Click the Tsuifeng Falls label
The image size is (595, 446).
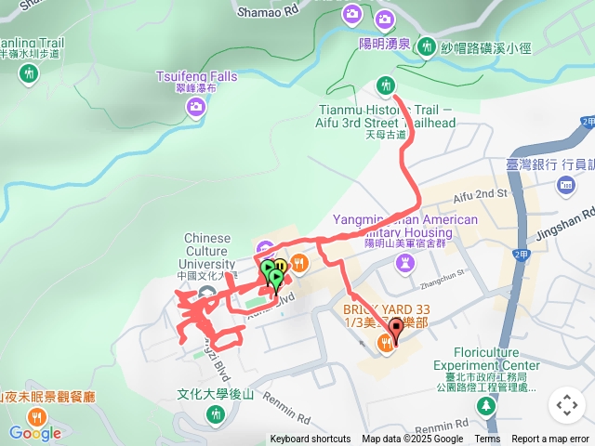point(198,75)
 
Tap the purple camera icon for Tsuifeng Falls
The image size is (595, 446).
point(195,107)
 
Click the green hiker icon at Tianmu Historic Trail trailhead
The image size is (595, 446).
point(386,87)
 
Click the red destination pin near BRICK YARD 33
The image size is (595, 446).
point(396,328)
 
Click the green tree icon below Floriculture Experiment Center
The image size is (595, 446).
point(485,407)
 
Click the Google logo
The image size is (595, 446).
point(35,433)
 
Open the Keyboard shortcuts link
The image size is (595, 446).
point(310,439)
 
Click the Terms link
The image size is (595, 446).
point(487,439)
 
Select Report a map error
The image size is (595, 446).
point(551,439)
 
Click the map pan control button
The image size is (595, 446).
point(566,404)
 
